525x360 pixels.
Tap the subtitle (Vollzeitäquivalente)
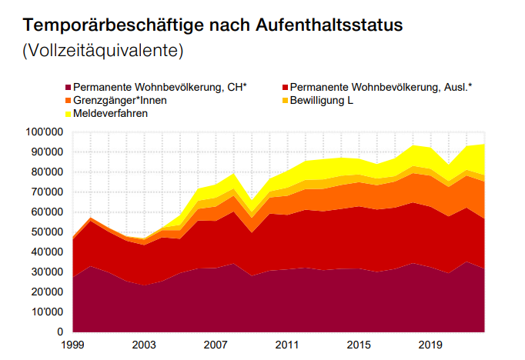coord(103,52)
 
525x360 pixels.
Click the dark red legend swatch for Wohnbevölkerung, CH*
coord(68,88)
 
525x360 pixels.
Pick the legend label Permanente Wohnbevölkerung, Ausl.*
coord(382,88)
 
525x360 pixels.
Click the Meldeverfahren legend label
coord(111,113)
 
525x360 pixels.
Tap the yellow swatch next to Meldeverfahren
coord(68,113)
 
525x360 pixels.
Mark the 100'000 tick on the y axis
coord(44,132)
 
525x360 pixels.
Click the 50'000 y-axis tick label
coord(46,232)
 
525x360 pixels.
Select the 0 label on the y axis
coord(59,332)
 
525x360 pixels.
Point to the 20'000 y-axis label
coord(46,292)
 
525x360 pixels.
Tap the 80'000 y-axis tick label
coord(46,172)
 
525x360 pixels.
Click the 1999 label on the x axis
coord(73,345)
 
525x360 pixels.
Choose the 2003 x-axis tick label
coord(144,345)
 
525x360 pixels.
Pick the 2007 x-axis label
coord(215,345)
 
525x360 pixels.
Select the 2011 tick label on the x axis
coord(286,345)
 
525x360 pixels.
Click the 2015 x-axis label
coord(357,345)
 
